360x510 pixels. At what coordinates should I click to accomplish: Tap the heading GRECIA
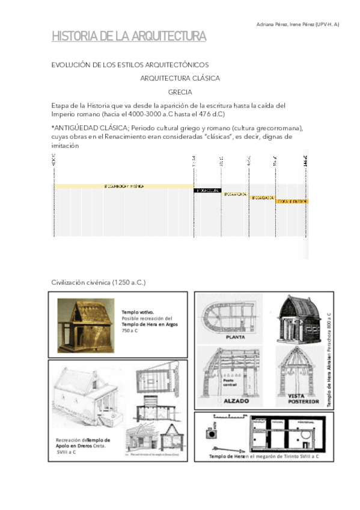click(x=180, y=92)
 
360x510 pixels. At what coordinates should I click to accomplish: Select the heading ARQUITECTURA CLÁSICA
click(x=180, y=78)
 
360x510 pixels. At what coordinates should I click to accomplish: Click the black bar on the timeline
click(x=207, y=190)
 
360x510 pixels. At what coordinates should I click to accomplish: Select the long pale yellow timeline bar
click(x=124, y=186)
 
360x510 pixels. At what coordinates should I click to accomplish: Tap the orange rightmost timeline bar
click(x=291, y=201)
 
